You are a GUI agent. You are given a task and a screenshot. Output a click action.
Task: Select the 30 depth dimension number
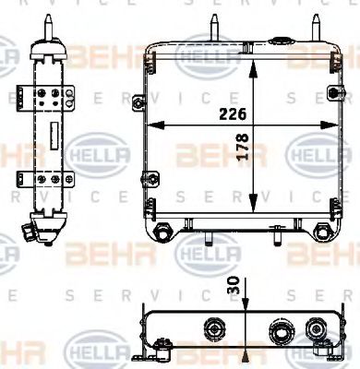[x=243, y=287]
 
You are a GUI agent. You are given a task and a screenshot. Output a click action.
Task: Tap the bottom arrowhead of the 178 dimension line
[x=256, y=210]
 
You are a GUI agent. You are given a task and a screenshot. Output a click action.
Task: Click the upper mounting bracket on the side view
[x=41, y=97]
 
